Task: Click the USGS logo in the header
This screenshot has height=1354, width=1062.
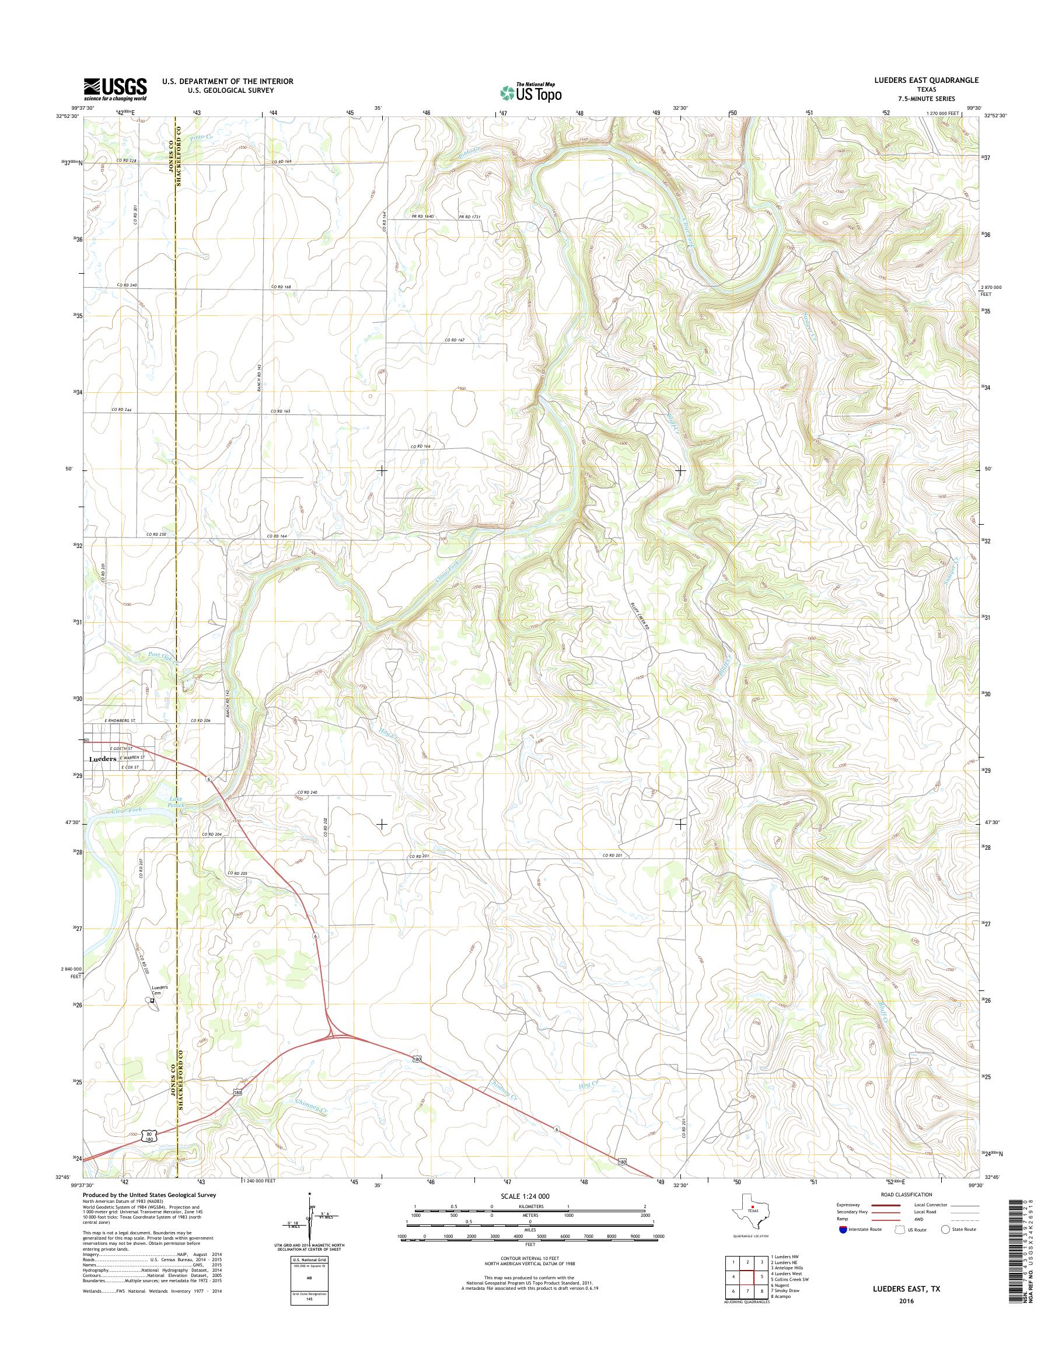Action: click(x=116, y=89)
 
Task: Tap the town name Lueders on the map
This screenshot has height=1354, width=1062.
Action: click(x=103, y=759)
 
